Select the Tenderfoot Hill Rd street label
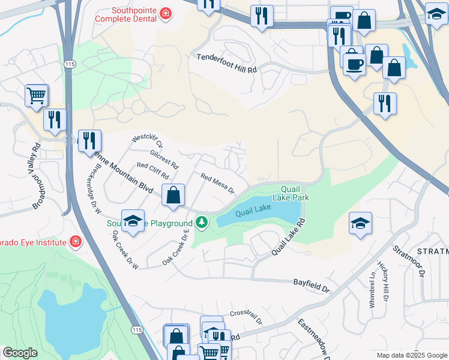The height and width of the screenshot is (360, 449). click(x=227, y=63)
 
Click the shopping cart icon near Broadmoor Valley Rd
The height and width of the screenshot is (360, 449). click(x=37, y=95)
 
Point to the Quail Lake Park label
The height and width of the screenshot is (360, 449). click(x=291, y=192)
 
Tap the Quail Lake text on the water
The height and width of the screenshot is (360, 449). click(x=253, y=211)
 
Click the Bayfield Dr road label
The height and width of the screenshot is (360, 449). click(x=312, y=285)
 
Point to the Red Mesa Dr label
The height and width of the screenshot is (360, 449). click(x=217, y=184)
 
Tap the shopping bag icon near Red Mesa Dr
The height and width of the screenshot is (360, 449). click(x=173, y=196)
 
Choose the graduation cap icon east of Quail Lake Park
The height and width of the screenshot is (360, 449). click(x=360, y=224)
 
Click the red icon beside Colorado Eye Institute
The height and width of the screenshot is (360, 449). click(x=75, y=242)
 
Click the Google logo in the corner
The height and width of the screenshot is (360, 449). click(x=20, y=353)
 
